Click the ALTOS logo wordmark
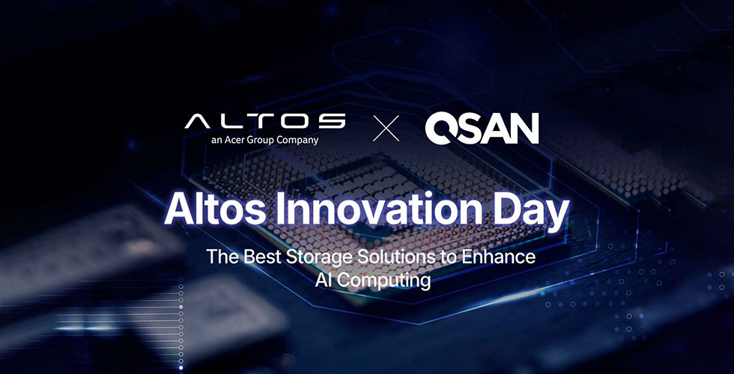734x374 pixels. coord(265,120)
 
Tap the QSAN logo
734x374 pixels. coord(482,128)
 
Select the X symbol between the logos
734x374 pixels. coord(386,128)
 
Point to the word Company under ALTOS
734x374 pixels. coord(296,140)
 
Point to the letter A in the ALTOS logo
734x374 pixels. coord(198,120)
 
